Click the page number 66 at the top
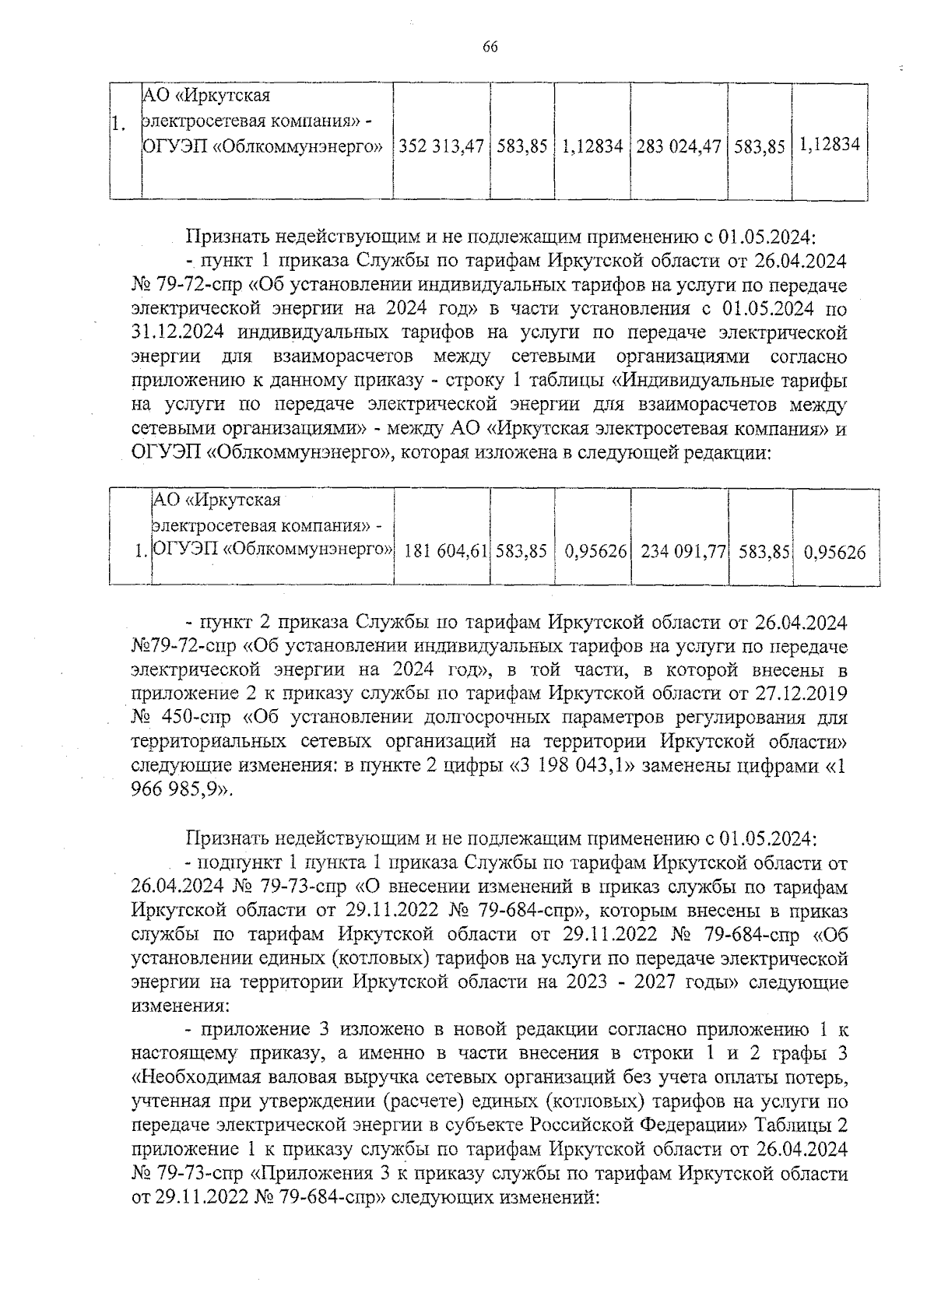tap(490, 47)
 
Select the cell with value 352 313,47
tap(441, 146)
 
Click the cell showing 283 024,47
tap(679, 146)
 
